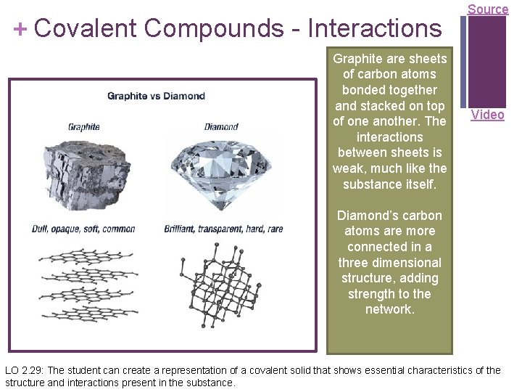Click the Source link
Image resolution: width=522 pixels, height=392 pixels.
488,9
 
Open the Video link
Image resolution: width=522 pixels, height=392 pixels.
487,115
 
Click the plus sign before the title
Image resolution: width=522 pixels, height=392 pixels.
21,28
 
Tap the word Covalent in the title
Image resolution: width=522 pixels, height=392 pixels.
85,28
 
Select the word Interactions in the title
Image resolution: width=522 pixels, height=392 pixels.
374,28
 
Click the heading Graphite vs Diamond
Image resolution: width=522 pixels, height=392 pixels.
156,96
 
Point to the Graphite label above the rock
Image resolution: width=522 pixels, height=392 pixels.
83,127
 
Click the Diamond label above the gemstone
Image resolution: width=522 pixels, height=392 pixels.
221,127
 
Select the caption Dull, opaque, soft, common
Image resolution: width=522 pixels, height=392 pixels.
83,229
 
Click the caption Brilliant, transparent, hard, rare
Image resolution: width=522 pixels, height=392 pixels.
223,229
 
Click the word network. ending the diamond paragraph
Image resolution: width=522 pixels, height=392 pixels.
389,309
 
